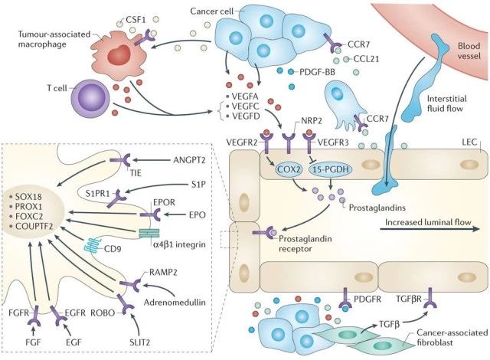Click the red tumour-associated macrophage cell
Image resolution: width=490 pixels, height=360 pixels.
pyautogui.click(x=119, y=57)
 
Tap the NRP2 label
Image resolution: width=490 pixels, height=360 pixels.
pyautogui.click(x=312, y=120)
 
